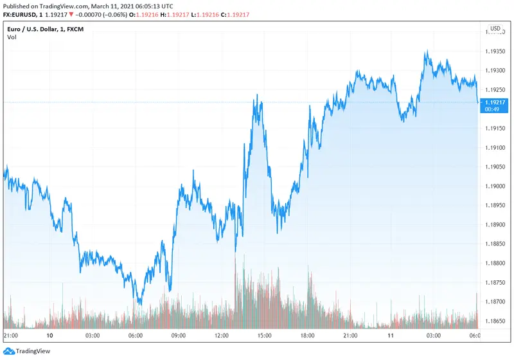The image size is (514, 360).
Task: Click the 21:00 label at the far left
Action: pyautogui.click(x=11, y=336)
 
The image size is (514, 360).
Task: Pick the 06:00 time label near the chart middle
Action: pyautogui.click(x=136, y=336)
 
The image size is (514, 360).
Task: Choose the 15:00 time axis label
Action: pyautogui.click(x=264, y=336)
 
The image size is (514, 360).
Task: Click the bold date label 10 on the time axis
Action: pyautogui.click(x=49, y=336)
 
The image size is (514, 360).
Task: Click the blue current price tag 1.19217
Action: pyautogui.click(x=495, y=102)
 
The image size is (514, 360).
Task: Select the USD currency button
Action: pyautogui.click(x=495, y=28)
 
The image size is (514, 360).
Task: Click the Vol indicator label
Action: pyautogui.click(x=12, y=37)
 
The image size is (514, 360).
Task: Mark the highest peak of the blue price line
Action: pyautogui.click(x=426, y=51)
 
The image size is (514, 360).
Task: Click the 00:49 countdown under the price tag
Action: pyautogui.click(x=494, y=109)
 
